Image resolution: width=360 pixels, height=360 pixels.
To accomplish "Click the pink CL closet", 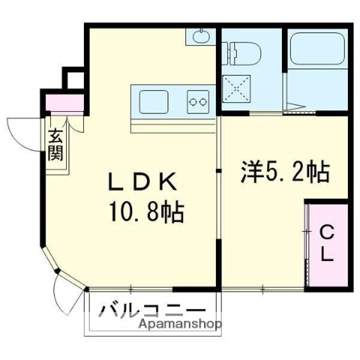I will [327, 243].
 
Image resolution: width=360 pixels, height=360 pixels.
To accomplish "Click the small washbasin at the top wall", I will [200, 35].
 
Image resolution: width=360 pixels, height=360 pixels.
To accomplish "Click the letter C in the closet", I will [327, 232].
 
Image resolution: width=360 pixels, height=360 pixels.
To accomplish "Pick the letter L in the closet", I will [328, 254].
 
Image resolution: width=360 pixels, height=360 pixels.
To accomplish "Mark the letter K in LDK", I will [167, 182].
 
